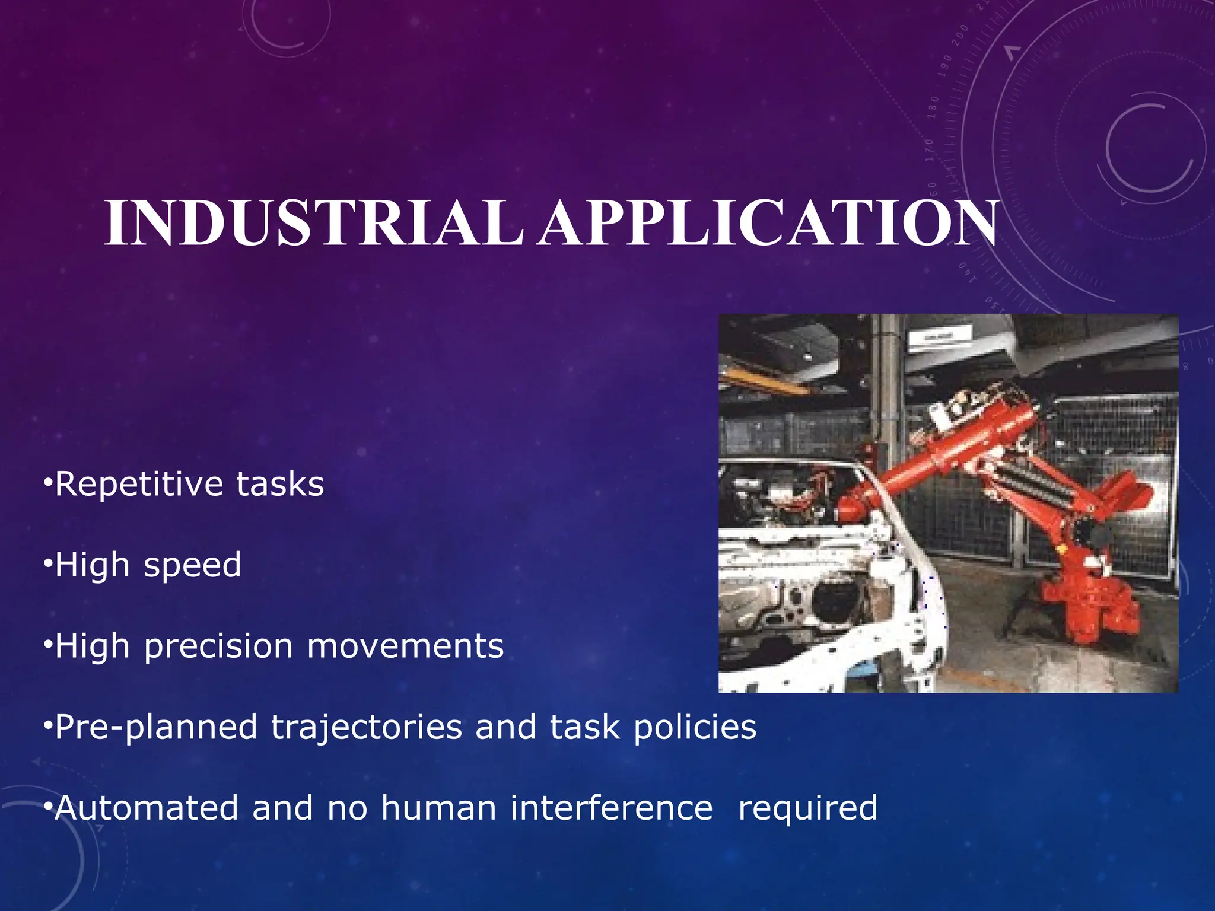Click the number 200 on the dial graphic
[960, 35]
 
